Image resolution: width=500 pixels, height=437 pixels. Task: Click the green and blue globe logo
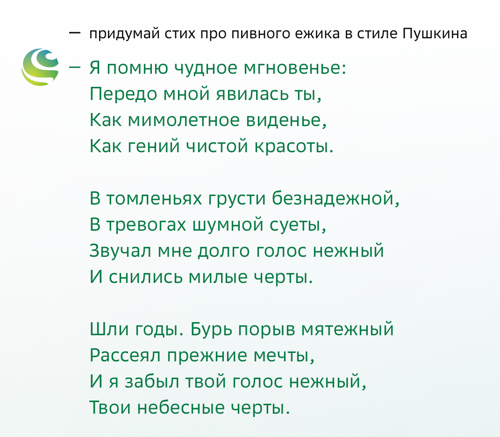[x=40, y=67]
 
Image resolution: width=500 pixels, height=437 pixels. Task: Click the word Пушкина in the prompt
[x=435, y=34]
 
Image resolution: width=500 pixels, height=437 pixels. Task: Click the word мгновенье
[x=295, y=68]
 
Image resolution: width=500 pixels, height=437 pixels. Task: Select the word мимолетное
[x=184, y=120]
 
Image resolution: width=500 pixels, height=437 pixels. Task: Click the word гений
[x=153, y=146]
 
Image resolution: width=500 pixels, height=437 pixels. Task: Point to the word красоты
[x=293, y=146]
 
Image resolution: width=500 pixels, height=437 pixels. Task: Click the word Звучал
[x=120, y=251]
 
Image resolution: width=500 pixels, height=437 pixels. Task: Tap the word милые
[x=218, y=276]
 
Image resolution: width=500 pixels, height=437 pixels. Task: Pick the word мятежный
[x=348, y=329]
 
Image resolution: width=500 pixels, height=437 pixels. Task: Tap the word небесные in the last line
[x=181, y=408]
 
